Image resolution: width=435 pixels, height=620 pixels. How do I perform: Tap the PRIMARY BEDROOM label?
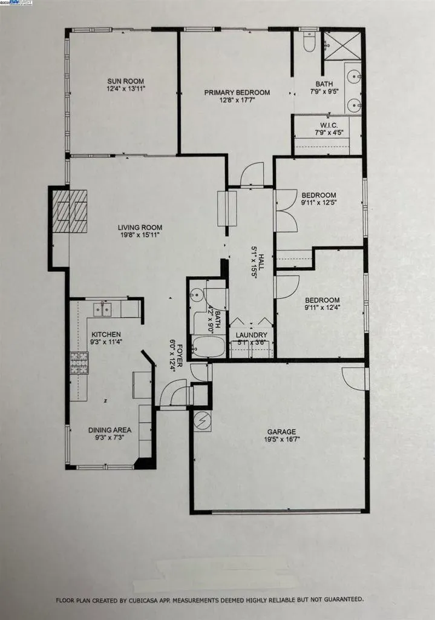(x=237, y=93)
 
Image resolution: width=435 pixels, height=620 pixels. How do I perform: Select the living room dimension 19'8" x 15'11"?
(x=140, y=236)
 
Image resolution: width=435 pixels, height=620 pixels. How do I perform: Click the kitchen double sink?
(x=101, y=309)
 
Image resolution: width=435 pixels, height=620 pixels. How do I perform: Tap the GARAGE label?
(x=281, y=432)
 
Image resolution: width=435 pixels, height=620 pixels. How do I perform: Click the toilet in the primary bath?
(x=308, y=42)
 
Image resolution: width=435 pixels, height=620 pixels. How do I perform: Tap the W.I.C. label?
(x=329, y=125)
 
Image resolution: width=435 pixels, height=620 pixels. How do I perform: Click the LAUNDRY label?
(x=251, y=335)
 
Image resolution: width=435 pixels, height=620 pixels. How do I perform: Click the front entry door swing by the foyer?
(x=173, y=395)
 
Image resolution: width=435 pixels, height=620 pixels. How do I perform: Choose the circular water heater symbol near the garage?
(x=202, y=420)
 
